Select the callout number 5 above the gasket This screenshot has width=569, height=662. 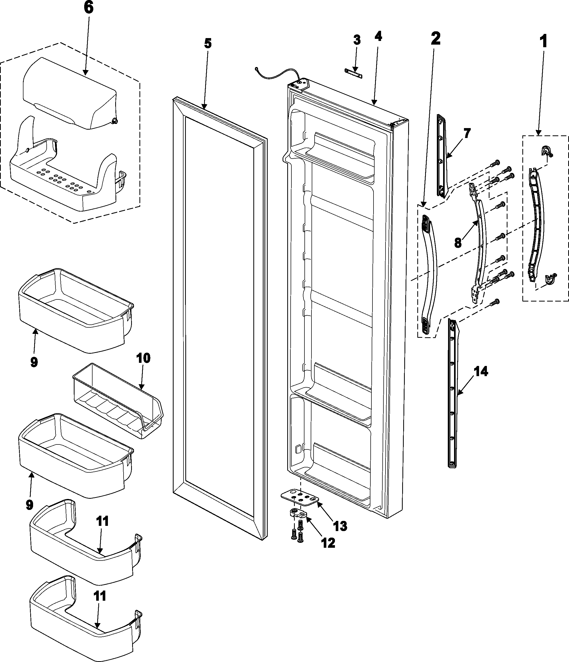208,43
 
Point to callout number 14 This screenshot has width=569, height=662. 481,371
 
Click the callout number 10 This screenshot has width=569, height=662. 143,358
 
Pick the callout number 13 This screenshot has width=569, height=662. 340,526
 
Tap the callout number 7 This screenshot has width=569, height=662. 467,133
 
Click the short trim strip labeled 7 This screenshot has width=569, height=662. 441,157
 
